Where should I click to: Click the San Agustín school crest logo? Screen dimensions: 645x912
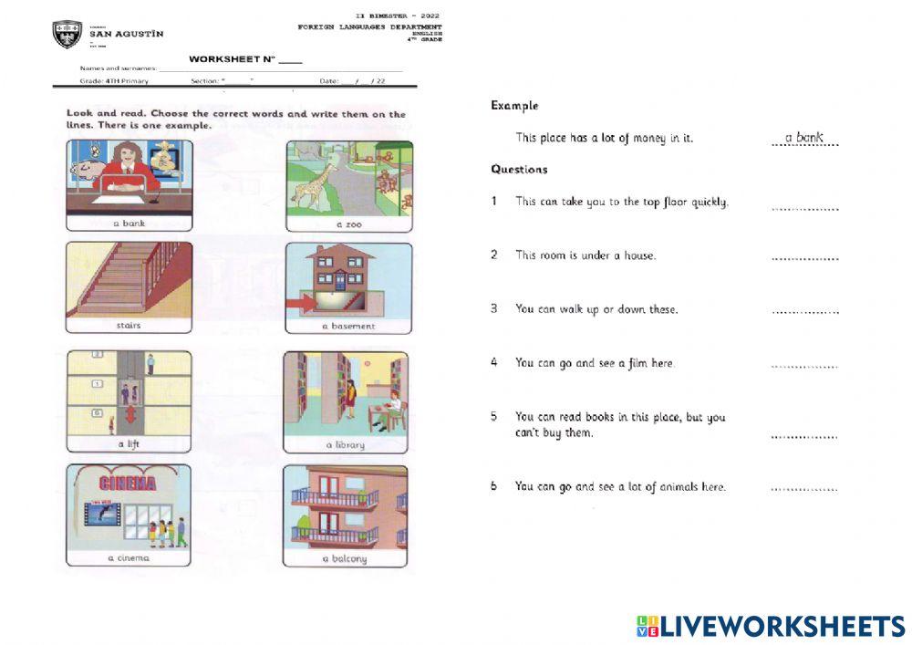pos(67,35)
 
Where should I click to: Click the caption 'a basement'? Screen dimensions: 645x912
pos(347,326)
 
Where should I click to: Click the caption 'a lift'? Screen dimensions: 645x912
pos(128,444)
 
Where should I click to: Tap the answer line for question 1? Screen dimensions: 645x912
pos(804,209)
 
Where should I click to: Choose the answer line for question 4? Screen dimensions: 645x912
pos(804,368)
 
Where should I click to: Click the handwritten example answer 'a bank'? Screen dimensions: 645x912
pos(803,138)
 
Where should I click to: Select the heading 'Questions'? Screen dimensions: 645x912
pos(519,169)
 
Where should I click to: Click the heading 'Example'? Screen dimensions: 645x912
pos(514,106)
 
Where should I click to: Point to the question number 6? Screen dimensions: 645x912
pos(493,486)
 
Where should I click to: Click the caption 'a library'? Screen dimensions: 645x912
pos(345,445)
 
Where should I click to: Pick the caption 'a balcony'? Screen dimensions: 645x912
pos(344,559)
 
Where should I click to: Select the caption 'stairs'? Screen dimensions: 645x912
pos(129,325)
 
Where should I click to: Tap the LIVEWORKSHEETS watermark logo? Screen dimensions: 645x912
pos(771,626)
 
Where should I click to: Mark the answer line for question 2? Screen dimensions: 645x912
pos(804,261)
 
